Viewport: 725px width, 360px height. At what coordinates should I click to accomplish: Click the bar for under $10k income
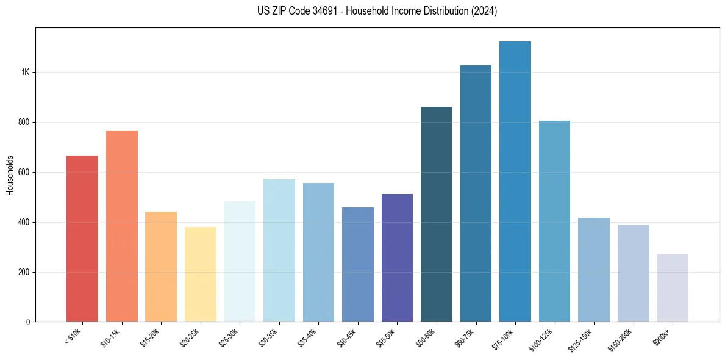(x=82, y=239)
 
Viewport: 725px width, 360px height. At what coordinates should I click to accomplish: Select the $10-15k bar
(x=122, y=226)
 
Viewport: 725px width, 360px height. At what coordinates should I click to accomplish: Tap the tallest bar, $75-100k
(x=515, y=181)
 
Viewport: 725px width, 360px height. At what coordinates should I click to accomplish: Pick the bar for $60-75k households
(x=476, y=193)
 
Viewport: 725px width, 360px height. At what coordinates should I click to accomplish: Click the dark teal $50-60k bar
(x=437, y=214)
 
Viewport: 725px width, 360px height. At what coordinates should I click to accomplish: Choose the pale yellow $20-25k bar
(x=201, y=274)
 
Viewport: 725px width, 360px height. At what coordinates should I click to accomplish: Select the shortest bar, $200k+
(x=673, y=287)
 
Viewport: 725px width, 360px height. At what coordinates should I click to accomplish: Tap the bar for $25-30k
(x=240, y=261)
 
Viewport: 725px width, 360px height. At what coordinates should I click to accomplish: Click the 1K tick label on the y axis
(x=25, y=72)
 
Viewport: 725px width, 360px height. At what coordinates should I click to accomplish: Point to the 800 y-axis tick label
(x=24, y=122)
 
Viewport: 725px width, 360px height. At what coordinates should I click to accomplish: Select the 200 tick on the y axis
(x=24, y=272)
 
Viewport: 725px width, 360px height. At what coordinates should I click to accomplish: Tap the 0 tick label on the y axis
(x=28, y=322)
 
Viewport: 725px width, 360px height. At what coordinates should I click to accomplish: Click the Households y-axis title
(x=10, y=175)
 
